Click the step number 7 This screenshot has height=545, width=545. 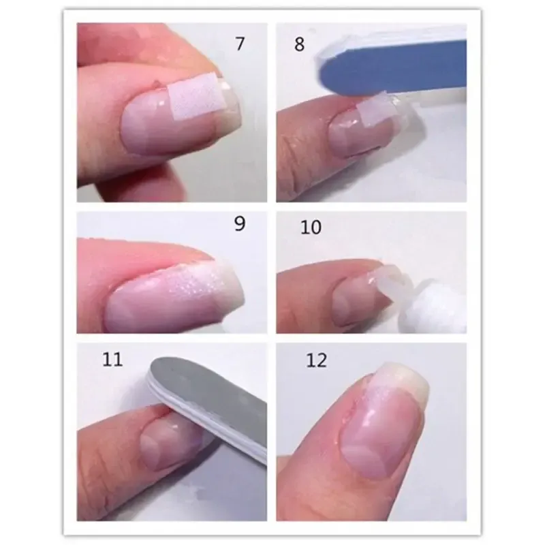pos(240,44)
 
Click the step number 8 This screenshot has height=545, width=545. pos(299,44)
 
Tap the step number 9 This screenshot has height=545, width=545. pos(240,223)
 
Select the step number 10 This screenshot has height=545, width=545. pos(311,228)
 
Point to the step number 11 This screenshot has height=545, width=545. pos(112,360)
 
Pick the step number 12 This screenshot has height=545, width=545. pos(317,360)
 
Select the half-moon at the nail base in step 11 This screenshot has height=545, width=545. pos(150,446)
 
